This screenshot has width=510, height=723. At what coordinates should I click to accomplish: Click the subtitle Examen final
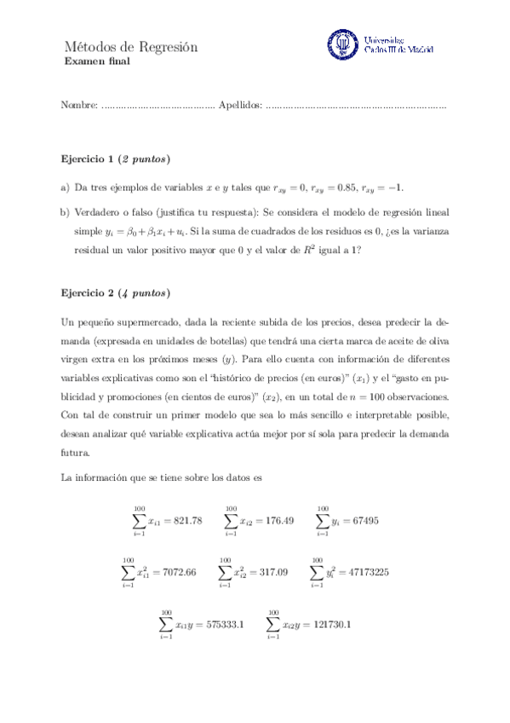pyautogui.click(x=97, y=62)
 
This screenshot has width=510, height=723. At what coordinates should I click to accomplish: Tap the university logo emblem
pyautogui.click(x=342, y=44)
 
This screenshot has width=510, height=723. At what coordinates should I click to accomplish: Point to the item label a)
pyautogui.click(x=65, y=188)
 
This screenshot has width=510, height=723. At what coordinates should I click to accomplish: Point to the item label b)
pyautogui.click(x=65, y=211)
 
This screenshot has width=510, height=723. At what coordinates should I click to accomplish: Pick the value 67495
pyautogui.click(x=363, y=520)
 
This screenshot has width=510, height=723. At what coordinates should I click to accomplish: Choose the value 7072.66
pyautogui.click(x=178, y=572)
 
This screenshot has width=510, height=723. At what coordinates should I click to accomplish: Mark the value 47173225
pyautogui.click(x=368, y=572)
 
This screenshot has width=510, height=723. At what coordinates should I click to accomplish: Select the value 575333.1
pyautogui.click(x=222, y=624)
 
